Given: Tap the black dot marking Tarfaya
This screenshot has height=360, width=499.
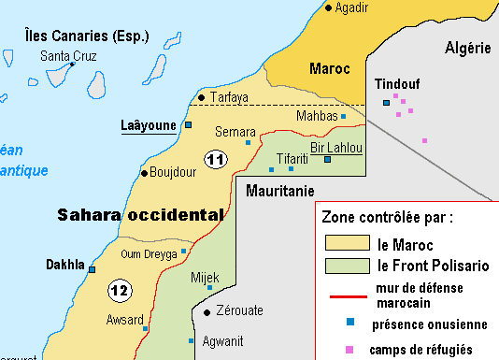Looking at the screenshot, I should [201, 96].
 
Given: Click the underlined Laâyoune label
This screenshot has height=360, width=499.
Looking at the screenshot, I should [149, 124].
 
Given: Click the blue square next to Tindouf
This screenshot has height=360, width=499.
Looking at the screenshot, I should [385, 103].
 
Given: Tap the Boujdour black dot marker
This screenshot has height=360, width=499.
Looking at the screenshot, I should [143, 173].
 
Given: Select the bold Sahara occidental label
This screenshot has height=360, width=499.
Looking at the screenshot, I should [140, 214].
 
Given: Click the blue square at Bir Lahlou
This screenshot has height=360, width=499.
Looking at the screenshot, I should [327, 160].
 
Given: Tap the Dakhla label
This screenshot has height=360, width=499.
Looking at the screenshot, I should [65, 265].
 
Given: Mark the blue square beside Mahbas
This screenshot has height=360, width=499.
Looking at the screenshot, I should [343, 117].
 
